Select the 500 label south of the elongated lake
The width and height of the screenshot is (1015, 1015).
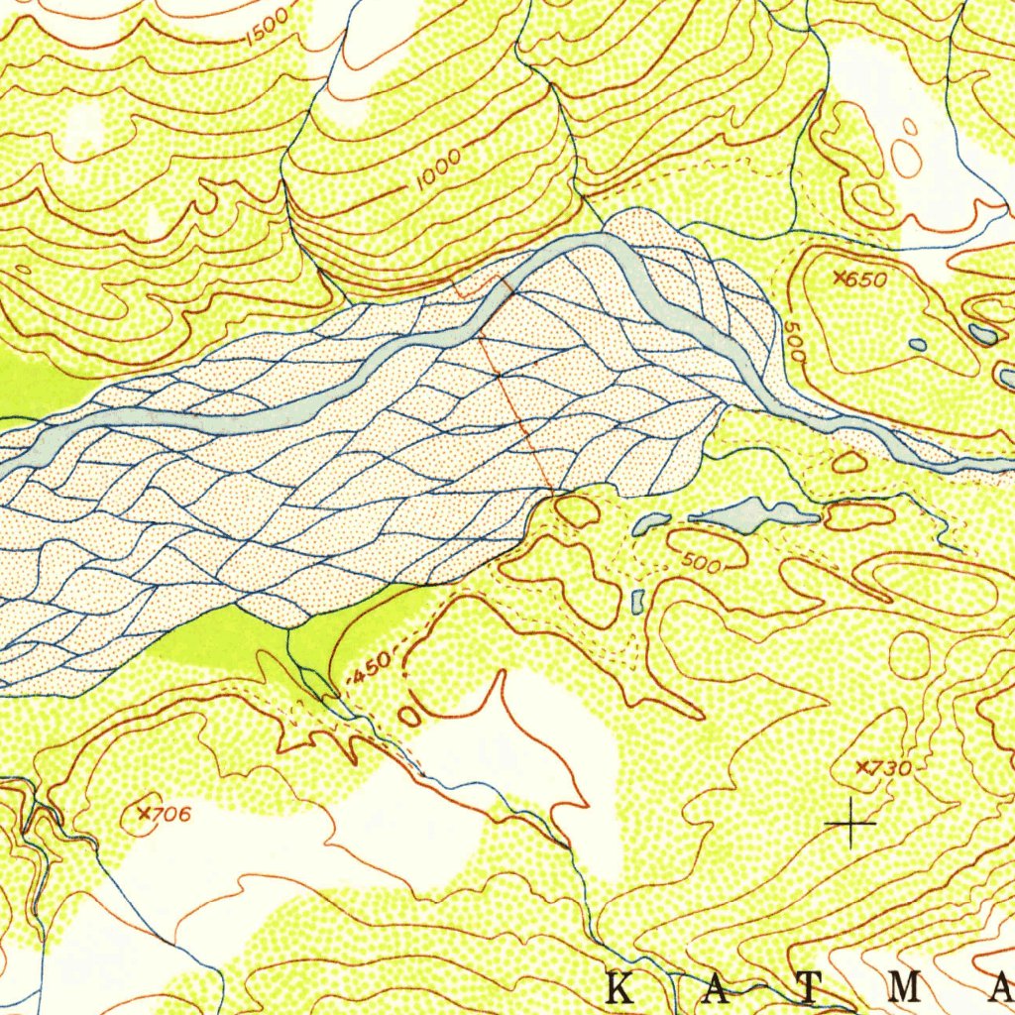[x=701, y=562]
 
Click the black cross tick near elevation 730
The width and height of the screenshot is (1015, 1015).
[x=850, y=823]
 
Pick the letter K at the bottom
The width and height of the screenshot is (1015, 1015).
[x=621, y=988]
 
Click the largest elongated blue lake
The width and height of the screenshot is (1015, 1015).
[x=753, y=513]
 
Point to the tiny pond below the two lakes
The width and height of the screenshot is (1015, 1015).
[x=638, y=600]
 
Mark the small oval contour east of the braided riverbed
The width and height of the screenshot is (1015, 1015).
[x=848, y=462]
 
